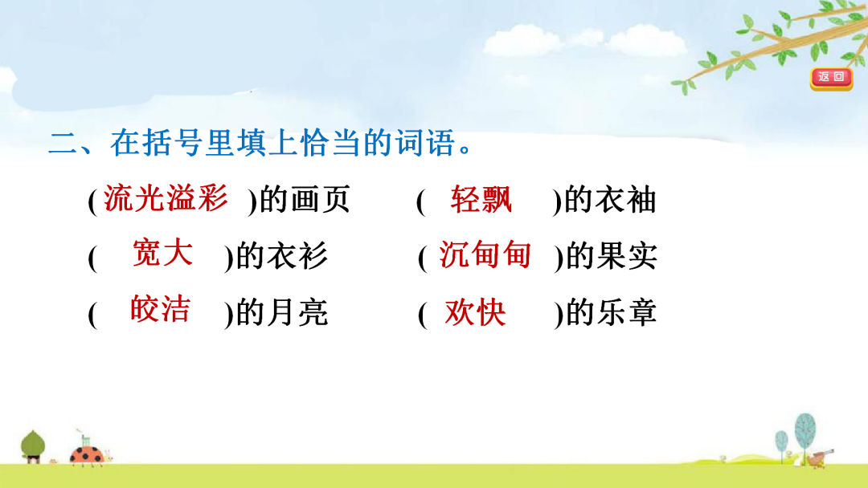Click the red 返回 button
coord(832,78)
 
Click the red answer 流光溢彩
coord(166,198)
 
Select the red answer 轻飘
coord(481,200)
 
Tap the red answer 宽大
coord(162,254)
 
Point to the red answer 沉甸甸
coord(485,254)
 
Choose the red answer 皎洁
coord(161,308)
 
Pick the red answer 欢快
coord(475,312)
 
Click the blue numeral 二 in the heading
coord(63,143)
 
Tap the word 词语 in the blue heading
coord(425,143)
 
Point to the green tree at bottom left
coord(33,446)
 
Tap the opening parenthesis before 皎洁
coord(92,314)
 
